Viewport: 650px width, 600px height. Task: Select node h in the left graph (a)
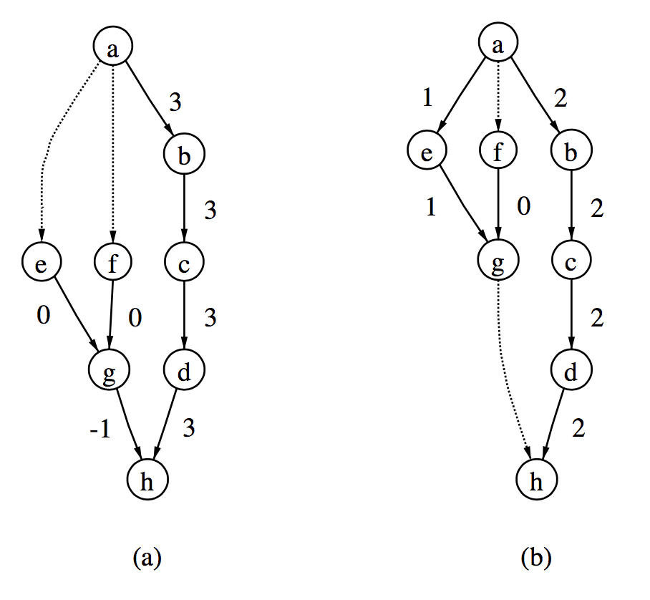[147, 482]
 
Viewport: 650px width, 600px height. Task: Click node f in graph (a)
[113, 263]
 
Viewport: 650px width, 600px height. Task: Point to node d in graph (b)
[571, 370]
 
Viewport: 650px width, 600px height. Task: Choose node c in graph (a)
[185, 263]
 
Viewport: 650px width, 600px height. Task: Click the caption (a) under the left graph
[148, 557]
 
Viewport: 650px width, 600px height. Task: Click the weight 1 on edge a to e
[427, 97]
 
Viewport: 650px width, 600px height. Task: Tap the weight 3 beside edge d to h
[190, 428]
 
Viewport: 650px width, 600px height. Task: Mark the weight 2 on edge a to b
[561, 99]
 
